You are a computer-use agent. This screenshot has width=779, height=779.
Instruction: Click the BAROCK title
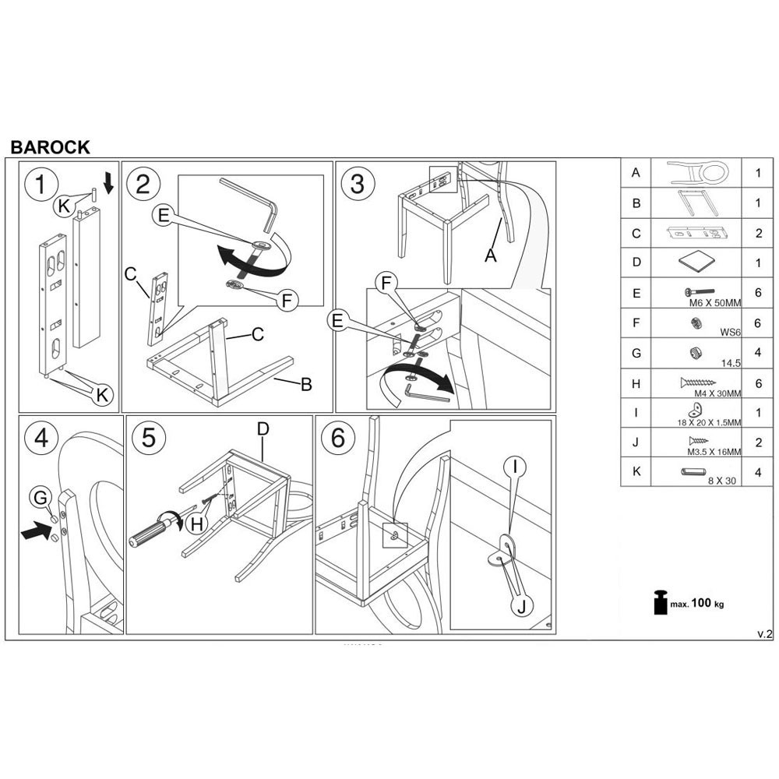[x=50, y=147]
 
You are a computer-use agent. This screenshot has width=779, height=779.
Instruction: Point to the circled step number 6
[x=337, y=439]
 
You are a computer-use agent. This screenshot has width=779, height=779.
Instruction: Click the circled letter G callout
[x=42, y=497]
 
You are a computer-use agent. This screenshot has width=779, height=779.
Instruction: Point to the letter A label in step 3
[x=490, y=254]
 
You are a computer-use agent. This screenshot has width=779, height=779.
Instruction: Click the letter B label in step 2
[x=306, y=383]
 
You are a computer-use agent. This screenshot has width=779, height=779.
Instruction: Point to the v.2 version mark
[x=764, y=634]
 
